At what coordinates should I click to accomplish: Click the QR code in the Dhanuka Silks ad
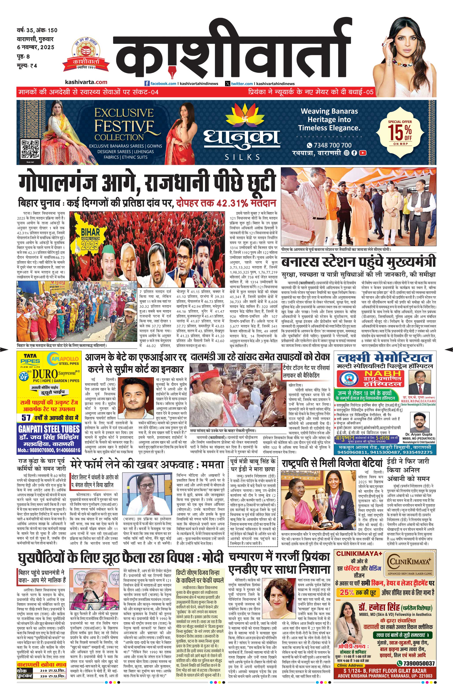click(x=30, y=150)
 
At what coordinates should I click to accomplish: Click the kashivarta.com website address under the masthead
click(x=86, y=82)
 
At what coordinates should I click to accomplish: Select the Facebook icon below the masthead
click(x=147, y=84)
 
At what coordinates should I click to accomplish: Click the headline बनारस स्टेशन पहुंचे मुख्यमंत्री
click(x=358, y=262)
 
